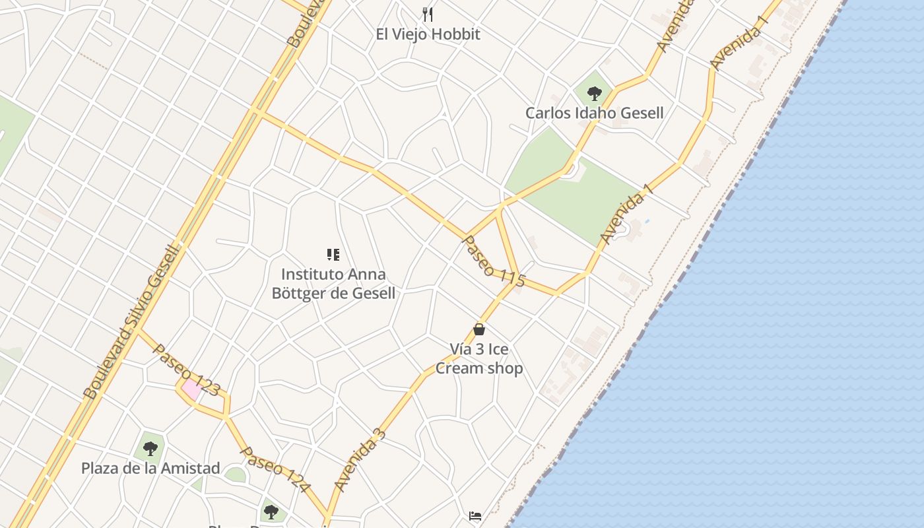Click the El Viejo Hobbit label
[x=428, y=34]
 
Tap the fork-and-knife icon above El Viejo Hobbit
[x=428, y=14]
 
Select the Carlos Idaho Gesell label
[x=594, y=113]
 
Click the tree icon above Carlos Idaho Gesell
[x=594, y=93]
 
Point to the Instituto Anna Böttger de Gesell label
[x=333, y=283]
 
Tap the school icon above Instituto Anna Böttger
[x=333, y=255]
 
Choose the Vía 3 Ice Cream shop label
[x=479, y=358]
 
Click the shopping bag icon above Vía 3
[x=479, y=329]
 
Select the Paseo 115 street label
[x=494, y=261]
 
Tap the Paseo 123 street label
[x=185, y=370]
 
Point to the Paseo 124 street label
[x=275, y=469]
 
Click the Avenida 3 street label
[x=360, y=459]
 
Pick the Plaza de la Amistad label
[x=150, y=469]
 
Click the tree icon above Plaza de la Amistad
[x=150, y=449]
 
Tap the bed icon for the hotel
[x=475, y=516]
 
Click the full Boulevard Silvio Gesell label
[x=131, y=321]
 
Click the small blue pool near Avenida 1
[x=647, y=220]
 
